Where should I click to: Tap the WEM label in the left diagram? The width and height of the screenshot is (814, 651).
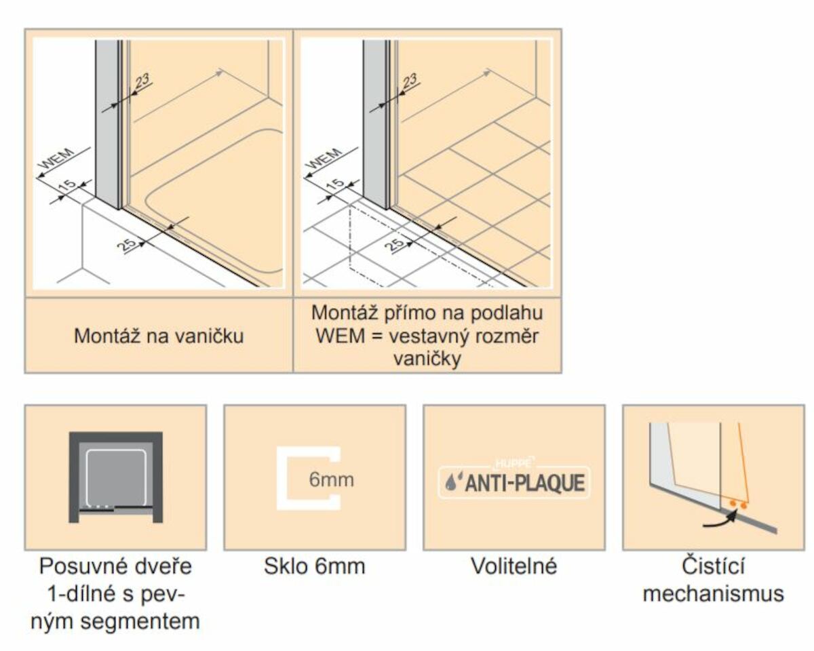[58, 159]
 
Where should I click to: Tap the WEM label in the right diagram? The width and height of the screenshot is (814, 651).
[324, 159]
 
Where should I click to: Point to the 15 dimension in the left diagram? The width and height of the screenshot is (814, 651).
[68, 185]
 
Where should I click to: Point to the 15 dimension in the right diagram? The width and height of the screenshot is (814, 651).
[335, 185]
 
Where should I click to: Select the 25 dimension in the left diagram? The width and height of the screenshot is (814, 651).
[126, 245]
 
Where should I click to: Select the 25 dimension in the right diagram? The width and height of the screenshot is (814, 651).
[394, 245]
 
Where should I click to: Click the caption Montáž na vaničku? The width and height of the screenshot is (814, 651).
[159, 336]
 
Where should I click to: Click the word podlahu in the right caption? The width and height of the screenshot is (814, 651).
[506, 313]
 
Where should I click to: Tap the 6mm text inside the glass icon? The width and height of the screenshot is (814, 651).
[331, 479]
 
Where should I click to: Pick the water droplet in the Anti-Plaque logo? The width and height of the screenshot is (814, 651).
[450, 484]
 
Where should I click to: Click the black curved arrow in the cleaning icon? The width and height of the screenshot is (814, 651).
[720, 519]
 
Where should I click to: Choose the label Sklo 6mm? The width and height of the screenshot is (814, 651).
[315, 567]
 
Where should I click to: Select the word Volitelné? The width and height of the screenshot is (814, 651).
[514, 566]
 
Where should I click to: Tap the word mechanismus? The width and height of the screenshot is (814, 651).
[714, 593]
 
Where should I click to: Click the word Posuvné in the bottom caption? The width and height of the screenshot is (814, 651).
[84, 567]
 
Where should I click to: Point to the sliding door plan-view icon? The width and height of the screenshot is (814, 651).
[116, 477]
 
